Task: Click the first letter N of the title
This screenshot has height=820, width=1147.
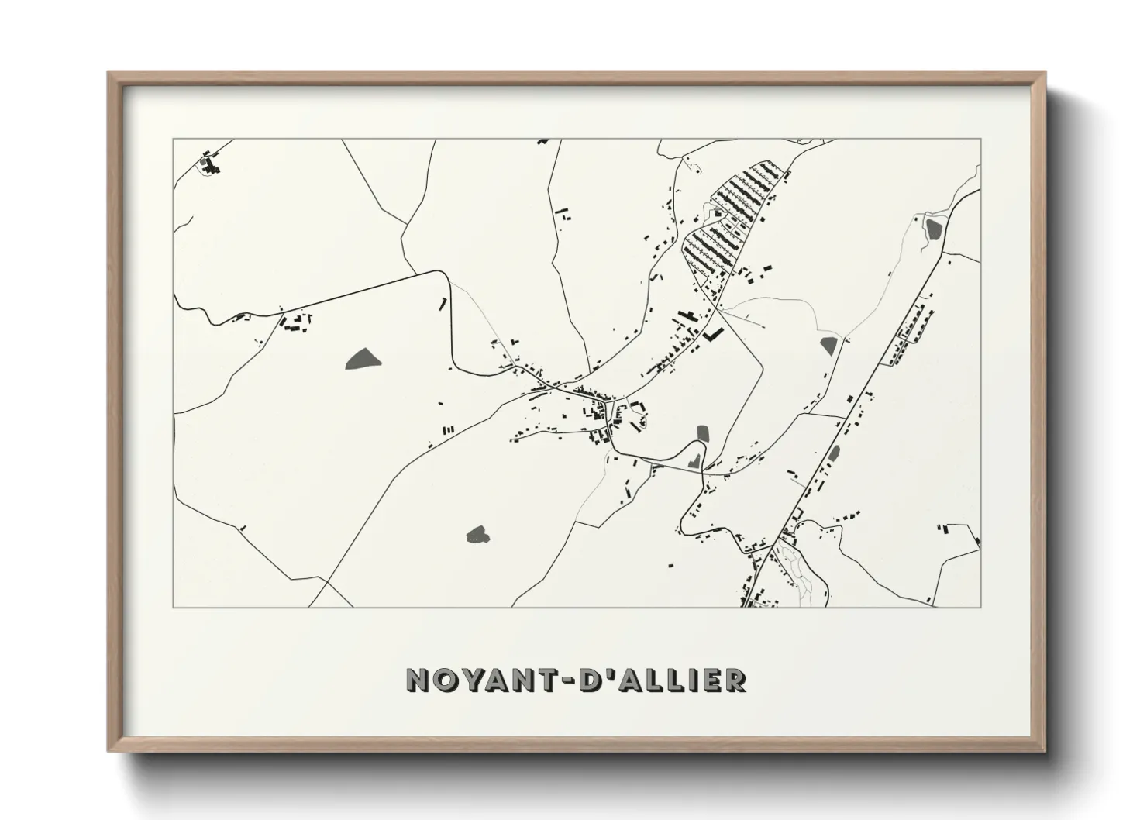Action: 418,681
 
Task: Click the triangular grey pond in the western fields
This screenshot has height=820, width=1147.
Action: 363,357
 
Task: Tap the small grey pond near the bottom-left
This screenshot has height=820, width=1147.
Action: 476,534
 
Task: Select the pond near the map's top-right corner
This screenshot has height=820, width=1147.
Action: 933,228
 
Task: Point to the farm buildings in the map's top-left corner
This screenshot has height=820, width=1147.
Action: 209,164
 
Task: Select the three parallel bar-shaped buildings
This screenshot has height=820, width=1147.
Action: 447,429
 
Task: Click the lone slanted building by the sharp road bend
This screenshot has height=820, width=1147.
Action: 444,303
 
